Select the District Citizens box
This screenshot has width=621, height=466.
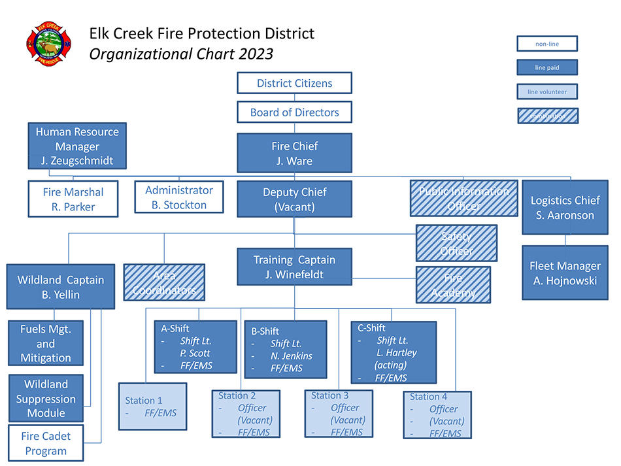pyautogui.click(x=294, y=83)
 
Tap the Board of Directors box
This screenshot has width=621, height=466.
pyautogui.click(x=294, y=112)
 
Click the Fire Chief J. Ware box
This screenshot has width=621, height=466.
pyautogui.click(x=294, y=153)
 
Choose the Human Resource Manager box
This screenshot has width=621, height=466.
pyautogui.click(x=77, y=146)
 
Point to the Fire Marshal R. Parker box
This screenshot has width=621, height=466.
pyautogui.click(x=73, y=199)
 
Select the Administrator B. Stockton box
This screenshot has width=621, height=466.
pyautogui.click(x=178, y=197)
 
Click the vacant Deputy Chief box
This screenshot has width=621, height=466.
pyautogui.click(x=294, y=199)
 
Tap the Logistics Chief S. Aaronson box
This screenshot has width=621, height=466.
pyautogui.click(x=565, y=207)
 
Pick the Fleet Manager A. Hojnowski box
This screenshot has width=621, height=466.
pyautogui.click(x=565, y=273)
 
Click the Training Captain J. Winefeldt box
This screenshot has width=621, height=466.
pyautogui.click(x=294, y=267)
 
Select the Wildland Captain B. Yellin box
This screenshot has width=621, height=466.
pyautogui.click(x=60, y=286)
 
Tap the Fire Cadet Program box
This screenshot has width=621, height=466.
pyautogui.click(x=46, y=443)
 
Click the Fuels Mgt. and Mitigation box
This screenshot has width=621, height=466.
pyautogui.click(x=46, y=343)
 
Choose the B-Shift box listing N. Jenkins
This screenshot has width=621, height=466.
pyautogui.click(x=285, y=349)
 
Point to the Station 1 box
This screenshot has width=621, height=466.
pyautogui.click(x=152, y=406)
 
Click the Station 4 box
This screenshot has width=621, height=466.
pyautogui.click(x=437, y=414)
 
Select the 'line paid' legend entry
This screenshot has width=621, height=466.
pyautogui.click(x=547, y=67)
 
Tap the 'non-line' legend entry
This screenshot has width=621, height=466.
pyautogui.click(x=547, y=44)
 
